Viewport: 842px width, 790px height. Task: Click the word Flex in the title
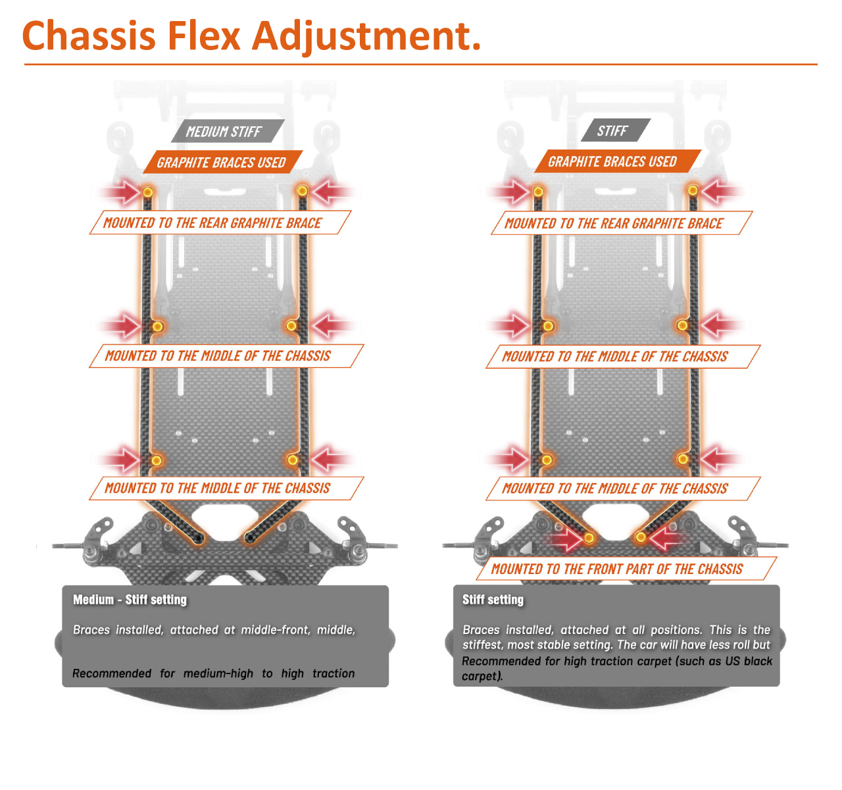(203, 36)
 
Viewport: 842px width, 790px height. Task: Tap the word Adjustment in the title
(367, 37)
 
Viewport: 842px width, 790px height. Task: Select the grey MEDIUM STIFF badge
(224, 132)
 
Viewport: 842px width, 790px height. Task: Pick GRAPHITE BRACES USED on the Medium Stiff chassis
(221, 163)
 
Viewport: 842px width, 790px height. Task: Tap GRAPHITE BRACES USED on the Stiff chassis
(612, 162)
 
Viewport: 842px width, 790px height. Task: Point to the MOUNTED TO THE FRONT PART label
(617, 569)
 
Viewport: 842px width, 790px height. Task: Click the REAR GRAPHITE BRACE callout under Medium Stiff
(212, 223)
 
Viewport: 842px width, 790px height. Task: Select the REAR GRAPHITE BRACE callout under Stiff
(614, 224)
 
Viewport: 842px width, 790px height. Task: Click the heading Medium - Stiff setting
(130, 600)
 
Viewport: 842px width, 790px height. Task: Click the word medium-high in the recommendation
(218, 673)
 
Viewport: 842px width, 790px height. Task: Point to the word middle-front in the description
(275, 630)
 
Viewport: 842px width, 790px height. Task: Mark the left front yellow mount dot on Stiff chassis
(589, 538)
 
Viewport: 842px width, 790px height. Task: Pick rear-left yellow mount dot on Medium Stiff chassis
(148, 192)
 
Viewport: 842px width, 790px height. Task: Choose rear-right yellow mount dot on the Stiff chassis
(693, 191)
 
